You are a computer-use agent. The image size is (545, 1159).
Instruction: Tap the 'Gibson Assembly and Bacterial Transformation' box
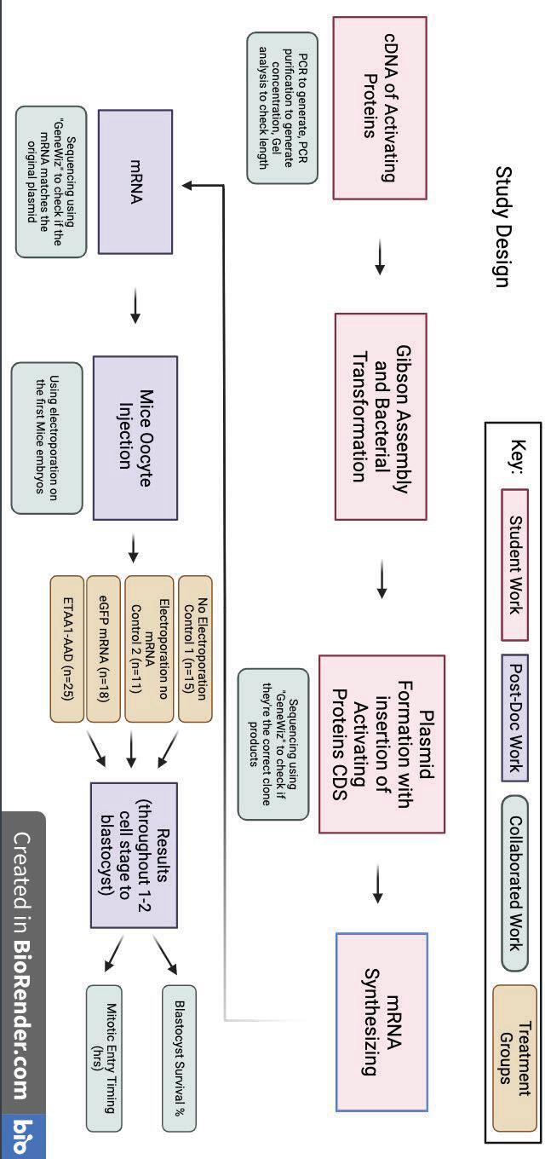point(380,416)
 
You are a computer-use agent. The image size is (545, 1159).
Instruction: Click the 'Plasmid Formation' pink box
point(381,743)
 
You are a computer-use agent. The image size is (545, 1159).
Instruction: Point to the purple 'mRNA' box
point(135,182)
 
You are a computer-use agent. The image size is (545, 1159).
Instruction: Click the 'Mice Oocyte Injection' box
point(135,437)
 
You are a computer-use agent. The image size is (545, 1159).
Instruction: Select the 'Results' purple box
point(134,855)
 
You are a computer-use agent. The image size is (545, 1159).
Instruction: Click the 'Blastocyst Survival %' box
point(179,1058)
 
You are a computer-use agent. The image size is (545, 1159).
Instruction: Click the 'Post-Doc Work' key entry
point(514,717)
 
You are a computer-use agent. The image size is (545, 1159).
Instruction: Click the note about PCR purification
point(282,108)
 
